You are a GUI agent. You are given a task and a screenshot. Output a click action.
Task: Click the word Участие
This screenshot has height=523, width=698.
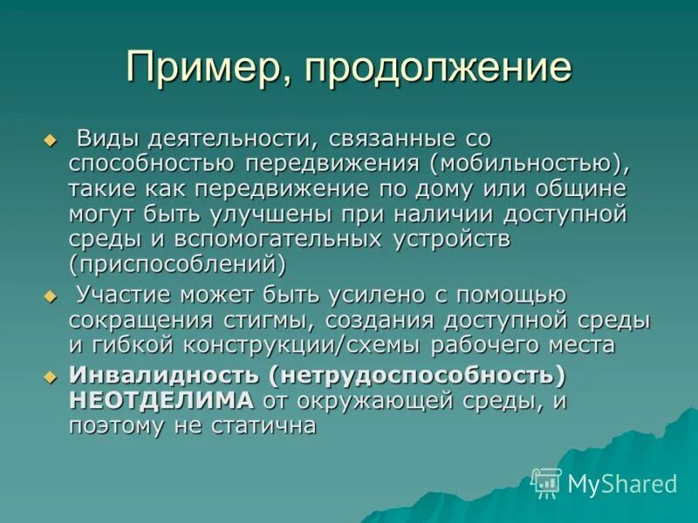(x=126, y=295)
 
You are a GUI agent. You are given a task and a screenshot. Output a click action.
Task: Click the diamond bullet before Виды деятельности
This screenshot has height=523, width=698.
(x=50, y=140)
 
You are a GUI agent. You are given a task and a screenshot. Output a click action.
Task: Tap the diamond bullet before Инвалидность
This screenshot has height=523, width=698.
(x=50, y=377)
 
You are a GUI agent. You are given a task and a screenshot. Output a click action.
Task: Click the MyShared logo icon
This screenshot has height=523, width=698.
(x=547, y=482)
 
